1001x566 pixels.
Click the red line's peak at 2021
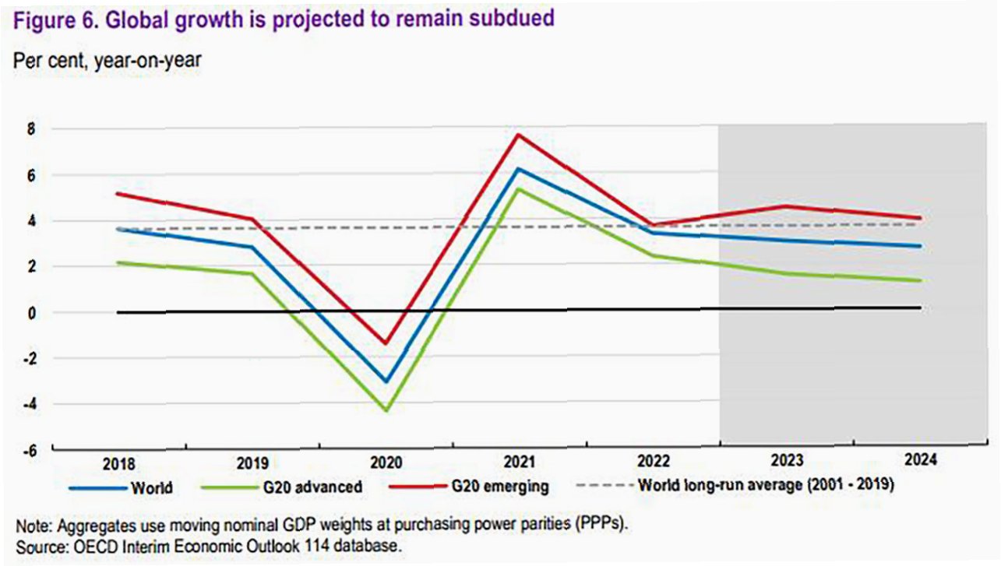tap(516, 135)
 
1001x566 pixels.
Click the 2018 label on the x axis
tap(118, 462)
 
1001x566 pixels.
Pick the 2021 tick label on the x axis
tap(516, 462)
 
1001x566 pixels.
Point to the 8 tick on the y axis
tap(32, 130)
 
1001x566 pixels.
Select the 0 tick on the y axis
tap(32, 312)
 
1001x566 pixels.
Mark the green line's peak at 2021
tap(516, 189)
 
